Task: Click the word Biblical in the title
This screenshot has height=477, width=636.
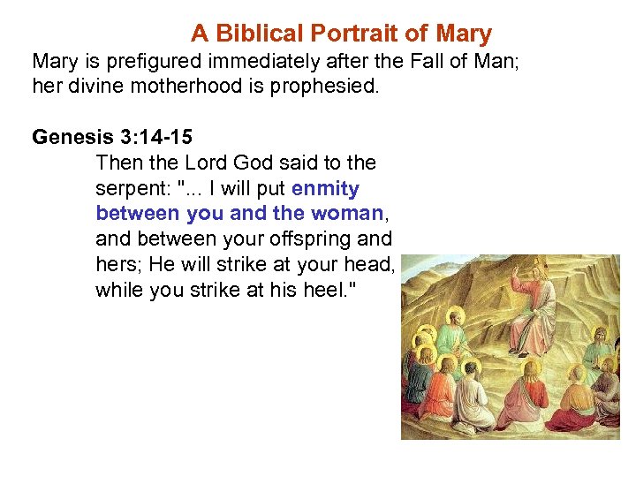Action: click(x=254, y=34)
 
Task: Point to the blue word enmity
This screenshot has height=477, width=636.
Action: click(x=325, y=189)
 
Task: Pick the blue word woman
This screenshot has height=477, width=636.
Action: click(x=345, y=214)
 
